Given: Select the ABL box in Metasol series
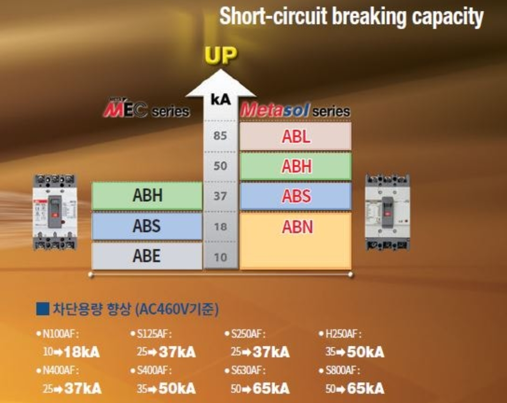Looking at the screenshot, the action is pyautogui.click(x=296, y=136).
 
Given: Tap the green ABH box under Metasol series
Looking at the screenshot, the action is pyautogui.click(x=296, y=166).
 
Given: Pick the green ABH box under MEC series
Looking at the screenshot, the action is pyautogui.click(x=147, y=196).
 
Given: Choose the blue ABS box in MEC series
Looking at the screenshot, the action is pyautogui.click(x=147, y=226).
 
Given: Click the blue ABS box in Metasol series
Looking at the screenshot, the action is pyautogui.click(x=296, y=196).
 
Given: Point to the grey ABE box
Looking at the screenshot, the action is pyautogui.click(x=147, y=256).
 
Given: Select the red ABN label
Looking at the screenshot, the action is pyautogui.click(x=297, y=227).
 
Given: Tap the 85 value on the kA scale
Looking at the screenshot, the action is pyautogui.click(x=220, y=137).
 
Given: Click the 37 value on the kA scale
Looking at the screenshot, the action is pyautogui.click(x=220, y=196).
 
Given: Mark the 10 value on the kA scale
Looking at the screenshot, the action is pyautogui.click(x=220, y=257).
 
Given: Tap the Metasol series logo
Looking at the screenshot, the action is pyautogui.click(x=295, y=111).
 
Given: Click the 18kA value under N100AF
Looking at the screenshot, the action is pyautogui.click(x=81, y=352).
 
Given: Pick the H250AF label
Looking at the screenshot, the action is pyautogui.click(x=343, y=334).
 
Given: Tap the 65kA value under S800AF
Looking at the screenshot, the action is pyautogui.click(x=365, y=389).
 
